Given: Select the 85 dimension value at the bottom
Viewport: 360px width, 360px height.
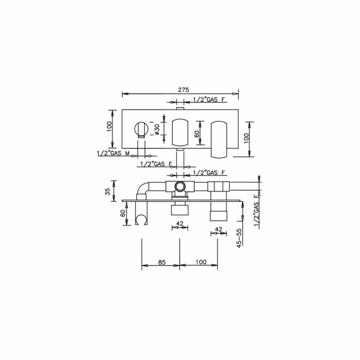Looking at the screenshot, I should pyautogui.click(x=161, y=262).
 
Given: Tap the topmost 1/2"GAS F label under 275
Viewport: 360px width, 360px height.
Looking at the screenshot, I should pyautogui.click(x=209, y=99).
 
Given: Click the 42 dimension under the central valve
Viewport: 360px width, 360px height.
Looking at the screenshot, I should pyautogui.click(x=180, y=223).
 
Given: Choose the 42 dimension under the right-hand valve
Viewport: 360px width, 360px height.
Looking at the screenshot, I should pyautogui.click(x=218, y=229).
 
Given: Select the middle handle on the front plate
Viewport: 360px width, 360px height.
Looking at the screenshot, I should pyautogui.click(x=180, y=132).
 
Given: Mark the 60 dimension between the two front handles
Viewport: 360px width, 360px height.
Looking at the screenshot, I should pyautogui.click(x=197, y=134).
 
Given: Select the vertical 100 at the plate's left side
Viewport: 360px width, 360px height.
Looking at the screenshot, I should pyautogui.click(x=109, y=126).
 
